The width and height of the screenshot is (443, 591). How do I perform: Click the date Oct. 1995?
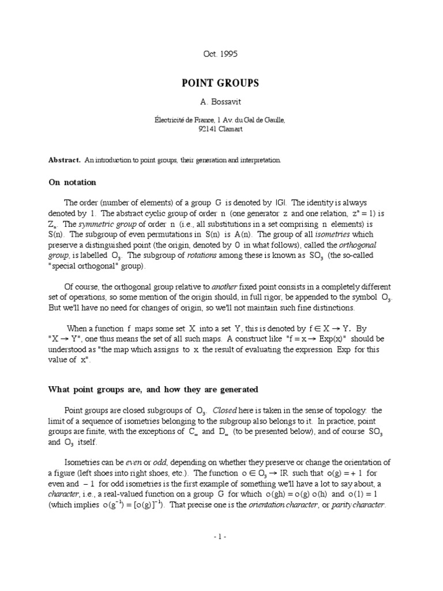[x=220, y=54]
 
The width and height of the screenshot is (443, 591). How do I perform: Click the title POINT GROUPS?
[x=220, y=83]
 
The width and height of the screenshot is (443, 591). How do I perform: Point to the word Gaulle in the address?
[x=273, y=119]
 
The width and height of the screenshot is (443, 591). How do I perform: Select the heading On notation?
[x=72, y=182]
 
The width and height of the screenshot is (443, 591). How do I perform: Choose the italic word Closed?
[x=225, y=410]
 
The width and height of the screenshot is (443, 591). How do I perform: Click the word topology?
[x=349, y=410]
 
